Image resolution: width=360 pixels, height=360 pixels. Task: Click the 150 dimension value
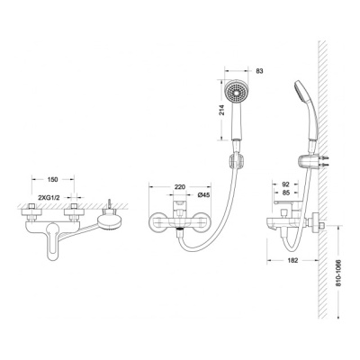52,179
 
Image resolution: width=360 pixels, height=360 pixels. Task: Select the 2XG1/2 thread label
50,197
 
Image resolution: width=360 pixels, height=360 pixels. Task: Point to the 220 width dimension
180,187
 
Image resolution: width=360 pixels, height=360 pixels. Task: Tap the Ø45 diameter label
203,195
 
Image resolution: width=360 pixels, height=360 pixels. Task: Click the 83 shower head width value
259,71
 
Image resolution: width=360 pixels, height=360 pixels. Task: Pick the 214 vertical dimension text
221,110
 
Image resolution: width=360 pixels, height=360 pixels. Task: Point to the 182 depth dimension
292,260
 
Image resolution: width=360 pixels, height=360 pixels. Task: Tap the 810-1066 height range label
338,273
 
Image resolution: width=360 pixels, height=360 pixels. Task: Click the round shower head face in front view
237,91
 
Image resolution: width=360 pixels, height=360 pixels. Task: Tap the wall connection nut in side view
316,222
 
